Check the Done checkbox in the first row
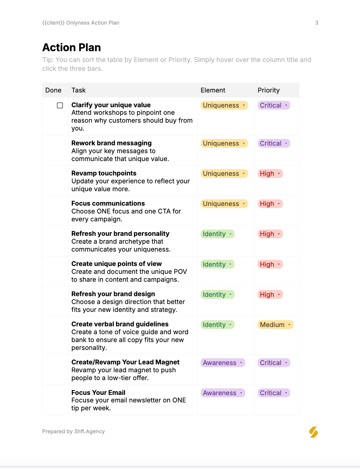(60, 105)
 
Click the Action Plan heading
(71, 48)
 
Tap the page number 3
(317, 23)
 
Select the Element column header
(213, 90)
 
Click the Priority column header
(269, 90)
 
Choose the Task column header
(78, 90)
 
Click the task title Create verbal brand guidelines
(120, 324)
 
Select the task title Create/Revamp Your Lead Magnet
(125, 362)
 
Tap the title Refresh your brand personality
(120, 234)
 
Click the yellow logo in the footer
(313, 432)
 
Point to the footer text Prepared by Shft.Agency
(73, 432)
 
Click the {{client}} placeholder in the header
(53, 23)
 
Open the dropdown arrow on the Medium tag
(289, 325)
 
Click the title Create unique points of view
(116, 264)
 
